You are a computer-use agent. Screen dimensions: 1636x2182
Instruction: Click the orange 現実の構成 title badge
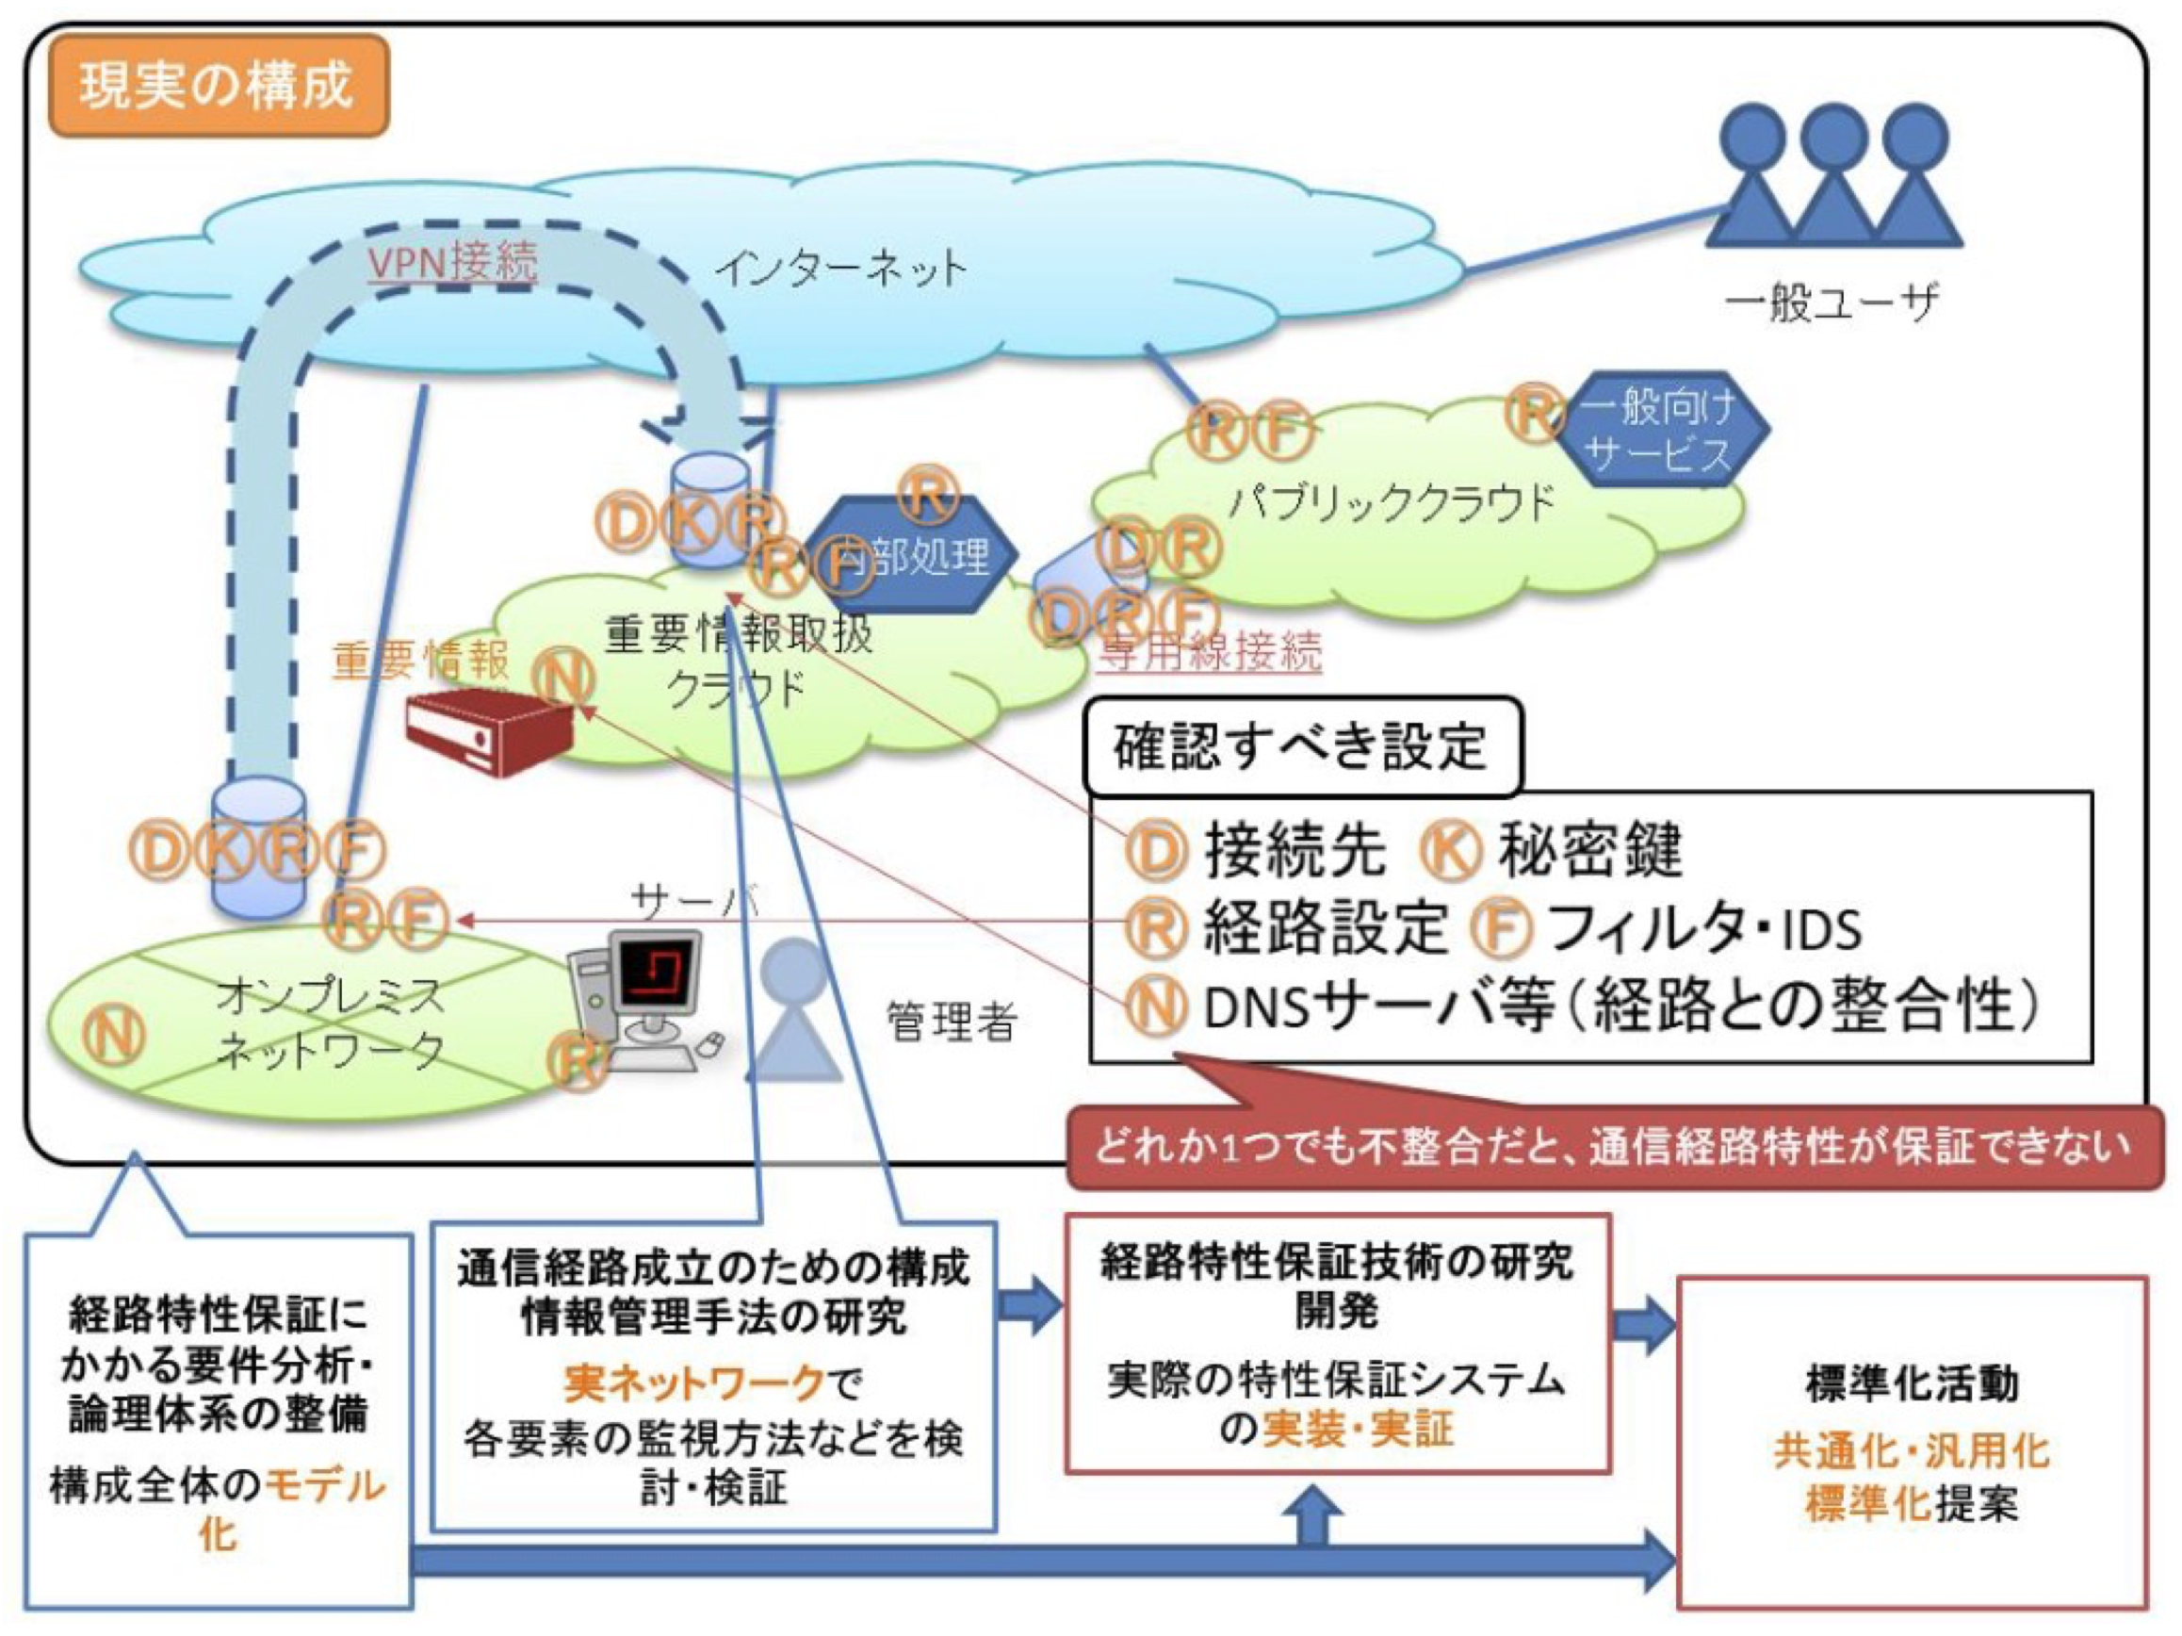click(218, 85)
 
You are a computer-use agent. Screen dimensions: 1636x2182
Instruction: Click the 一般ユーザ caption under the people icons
click(1831, 302)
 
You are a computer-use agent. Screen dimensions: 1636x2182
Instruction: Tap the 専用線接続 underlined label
click(1210, 651)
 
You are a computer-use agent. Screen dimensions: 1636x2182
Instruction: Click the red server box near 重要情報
click(488, 732)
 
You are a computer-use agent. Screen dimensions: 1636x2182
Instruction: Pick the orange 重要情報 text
click(420, 659)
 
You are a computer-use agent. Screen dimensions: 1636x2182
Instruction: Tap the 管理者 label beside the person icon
click(951, 1022)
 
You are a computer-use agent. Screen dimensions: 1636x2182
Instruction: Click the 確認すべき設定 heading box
click(1300, 747)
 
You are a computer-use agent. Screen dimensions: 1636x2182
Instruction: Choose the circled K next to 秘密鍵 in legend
click(1450, 851)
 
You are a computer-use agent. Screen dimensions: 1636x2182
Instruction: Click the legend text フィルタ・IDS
click(1702, 928)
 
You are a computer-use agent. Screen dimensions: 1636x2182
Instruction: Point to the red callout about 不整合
click(1614, 1147)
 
